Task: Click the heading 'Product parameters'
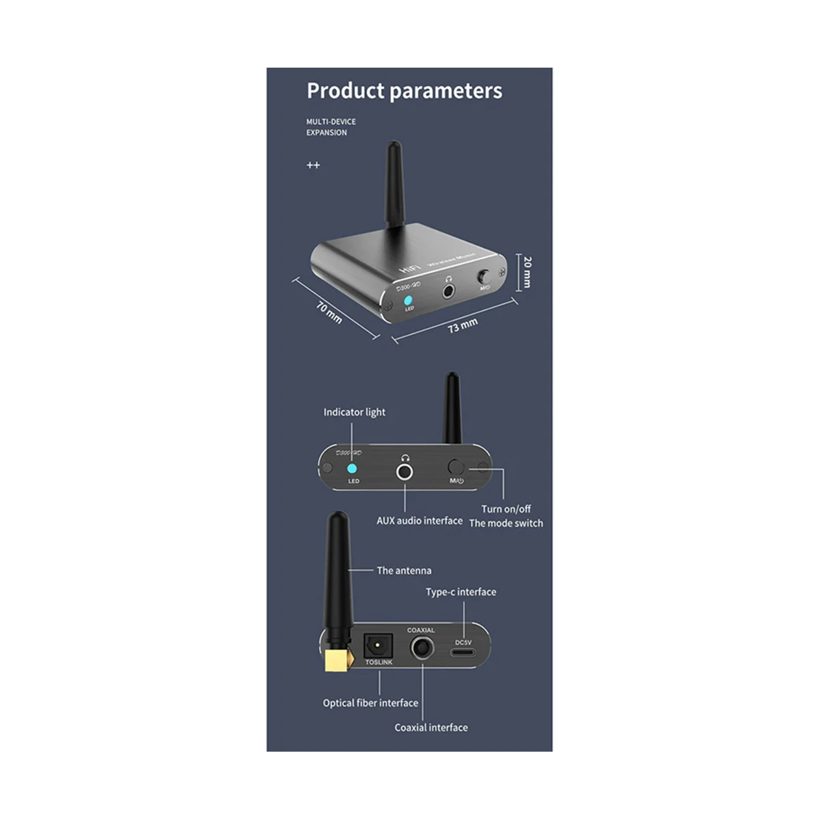pyautogui.click(x=404, y=91)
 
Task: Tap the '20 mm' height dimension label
pyautogui.click(x=527, y=272)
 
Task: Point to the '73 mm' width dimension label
pyautogui.click(x=463, y=325)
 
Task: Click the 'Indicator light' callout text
pyautogui.click(x=354, y=412)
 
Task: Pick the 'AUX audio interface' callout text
pyautogui.click(x=420, y=521)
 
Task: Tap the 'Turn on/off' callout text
pyautogui.click(x=506, y=509)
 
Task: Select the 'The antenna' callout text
pyautogui.click(x=404, y=571)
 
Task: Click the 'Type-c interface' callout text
pyautogui.click(x=461, y=592)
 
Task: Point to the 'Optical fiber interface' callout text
pyautogui.click(x=370, y=703)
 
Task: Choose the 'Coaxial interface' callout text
pyautogui.click(x=431, y=728)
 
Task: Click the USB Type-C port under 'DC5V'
pyautogui.click(x=463, y=652)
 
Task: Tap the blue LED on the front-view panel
pyautogui.click(x=353, y=469)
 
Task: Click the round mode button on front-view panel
pyautogui.click(x=456, y=468)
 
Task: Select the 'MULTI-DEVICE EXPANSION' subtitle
pyautogui.click(x=331, y=127)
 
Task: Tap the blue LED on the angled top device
pyautogui.click(x=409, y=300)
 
